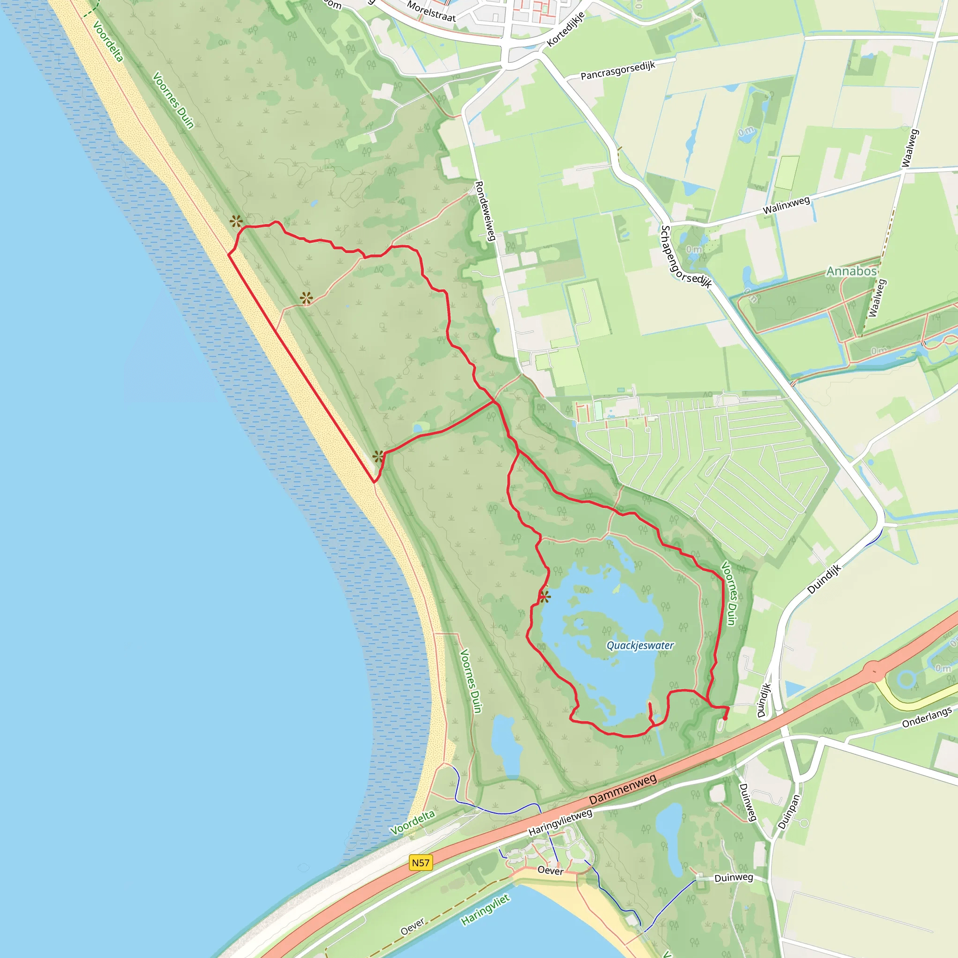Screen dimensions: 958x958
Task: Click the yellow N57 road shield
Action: pyautogui.click(x=421, y=863)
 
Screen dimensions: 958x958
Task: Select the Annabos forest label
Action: pyautogui.click(x=851, y=271)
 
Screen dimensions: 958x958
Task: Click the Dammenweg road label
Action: pyautogui.click(x=623, y=790)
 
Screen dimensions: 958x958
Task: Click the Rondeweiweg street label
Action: pyautogui.click(x=486, y=211)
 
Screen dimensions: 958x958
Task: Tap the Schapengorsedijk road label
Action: pyautogui.click(x=686, y=257)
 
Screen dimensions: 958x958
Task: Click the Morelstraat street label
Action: pyautogui.click(x=431, y=11)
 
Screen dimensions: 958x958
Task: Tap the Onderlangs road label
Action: pyautogui.click(x=927, y=718)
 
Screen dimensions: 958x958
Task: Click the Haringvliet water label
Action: pyautogui.click(x=485, y=910)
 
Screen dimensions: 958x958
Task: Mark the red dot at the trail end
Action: pyautogui.click(x=725, y=718)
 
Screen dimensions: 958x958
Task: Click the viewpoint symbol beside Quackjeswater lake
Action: pyautogui.click(x=544, y=596)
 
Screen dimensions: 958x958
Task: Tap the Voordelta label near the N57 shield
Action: pyautogui.click(x=412, y=823)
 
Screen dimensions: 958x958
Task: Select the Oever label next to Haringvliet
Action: pyautogui.click(x=413, y=926)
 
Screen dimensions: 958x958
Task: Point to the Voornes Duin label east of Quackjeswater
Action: pyautogui.click(x=728, y=593)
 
